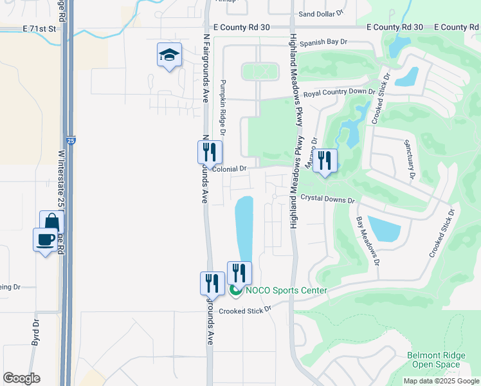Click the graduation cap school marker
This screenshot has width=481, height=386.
tap(168, 55)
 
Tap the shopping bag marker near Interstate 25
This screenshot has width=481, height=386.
tap(51, 223)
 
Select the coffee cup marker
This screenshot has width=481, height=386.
tap(45, 240)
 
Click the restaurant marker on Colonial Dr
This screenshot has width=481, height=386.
tap(210, 153)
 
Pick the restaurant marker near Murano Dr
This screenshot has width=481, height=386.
tap(325, 161)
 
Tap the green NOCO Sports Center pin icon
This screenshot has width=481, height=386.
tap(235, 291)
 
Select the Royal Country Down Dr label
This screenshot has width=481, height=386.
tap(340, 92)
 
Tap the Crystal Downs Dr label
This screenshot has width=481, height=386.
tap(328, 200)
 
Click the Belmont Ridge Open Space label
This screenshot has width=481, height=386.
tap(433, 360)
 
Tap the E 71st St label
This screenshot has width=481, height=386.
tap(40, 29)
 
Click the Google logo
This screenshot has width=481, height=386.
tap(21, 378)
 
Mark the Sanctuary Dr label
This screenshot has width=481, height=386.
tap(409, 160)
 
